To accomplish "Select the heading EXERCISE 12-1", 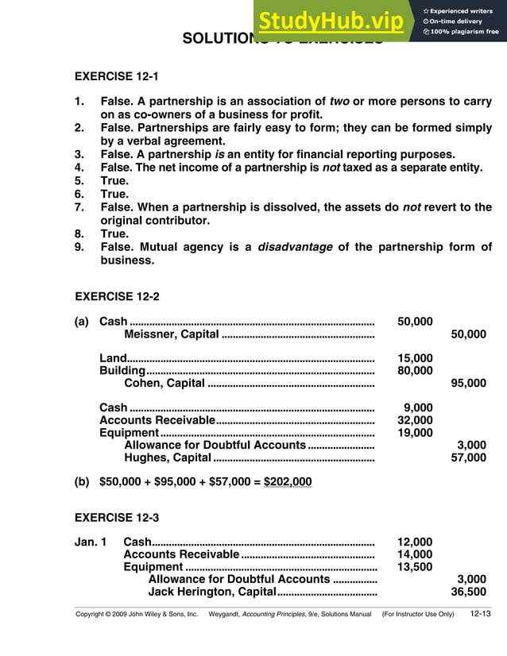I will point(116,77).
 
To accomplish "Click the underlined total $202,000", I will point(288,482).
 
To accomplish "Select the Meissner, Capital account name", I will point(172,334).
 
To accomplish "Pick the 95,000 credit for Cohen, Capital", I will point(468,384).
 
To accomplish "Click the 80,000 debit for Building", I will point(415,371).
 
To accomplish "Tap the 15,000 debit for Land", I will point(415,359).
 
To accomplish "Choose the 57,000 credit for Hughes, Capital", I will point(468,458).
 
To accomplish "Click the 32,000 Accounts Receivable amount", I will point(415,421).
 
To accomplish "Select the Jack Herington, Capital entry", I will point(211,592).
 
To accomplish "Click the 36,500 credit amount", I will point(468,592).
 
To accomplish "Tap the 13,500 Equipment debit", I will point(415,567).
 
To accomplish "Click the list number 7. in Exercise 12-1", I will point(79,207).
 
